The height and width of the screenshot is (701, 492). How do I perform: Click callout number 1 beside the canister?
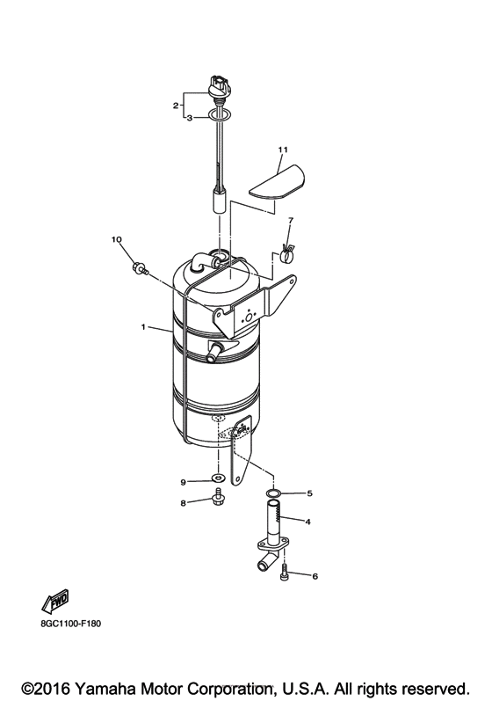(143, 327)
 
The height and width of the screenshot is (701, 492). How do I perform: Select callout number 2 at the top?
(176, 106)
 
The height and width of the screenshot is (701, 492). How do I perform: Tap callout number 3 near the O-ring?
(188, 117)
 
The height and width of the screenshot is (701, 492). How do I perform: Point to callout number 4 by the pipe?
(307, 522)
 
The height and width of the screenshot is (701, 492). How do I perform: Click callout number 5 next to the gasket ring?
(308, 493)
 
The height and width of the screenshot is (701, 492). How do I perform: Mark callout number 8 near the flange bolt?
(184, 503)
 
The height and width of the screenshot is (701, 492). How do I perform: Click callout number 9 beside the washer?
(184, 482)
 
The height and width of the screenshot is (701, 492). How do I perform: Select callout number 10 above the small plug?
(116, 239)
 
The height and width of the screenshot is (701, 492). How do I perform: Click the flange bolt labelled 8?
(215, 502)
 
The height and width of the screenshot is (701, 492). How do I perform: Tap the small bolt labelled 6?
(283, 573)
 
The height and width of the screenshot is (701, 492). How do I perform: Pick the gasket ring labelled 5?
(275, 494)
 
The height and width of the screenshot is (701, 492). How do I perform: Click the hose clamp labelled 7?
(284, 255)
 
